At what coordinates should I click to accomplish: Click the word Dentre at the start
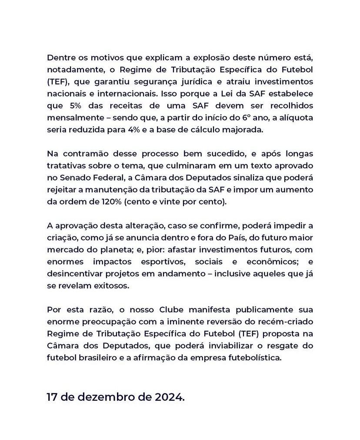click(x=61, y=58)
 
